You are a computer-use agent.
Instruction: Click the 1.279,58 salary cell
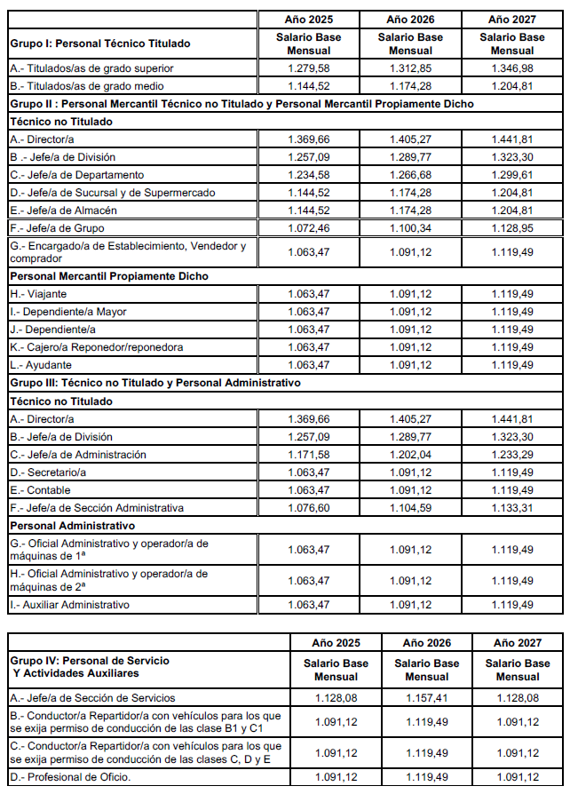(309, 68)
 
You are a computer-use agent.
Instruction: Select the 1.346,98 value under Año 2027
(512, 68)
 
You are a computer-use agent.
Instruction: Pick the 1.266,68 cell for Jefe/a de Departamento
(410, 175)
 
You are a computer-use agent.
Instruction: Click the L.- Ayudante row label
(43, 365)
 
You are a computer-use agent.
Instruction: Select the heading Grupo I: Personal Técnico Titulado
(99, 44)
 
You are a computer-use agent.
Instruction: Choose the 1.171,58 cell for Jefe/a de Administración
(309, 455)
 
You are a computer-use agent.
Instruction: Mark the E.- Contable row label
(41, 490)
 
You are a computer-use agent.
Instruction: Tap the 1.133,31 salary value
(512, 508)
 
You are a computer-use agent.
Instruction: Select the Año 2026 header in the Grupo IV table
(426, 642)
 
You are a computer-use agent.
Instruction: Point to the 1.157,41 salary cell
(426, 698)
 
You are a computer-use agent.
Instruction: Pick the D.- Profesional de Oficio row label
(70, 779)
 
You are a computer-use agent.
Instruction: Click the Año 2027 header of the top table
(512, 19)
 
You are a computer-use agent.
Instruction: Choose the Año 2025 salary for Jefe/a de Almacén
(309, 210)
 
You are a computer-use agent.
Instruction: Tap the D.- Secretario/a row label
(50, 472)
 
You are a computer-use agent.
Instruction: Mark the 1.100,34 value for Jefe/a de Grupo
(410, 228)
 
